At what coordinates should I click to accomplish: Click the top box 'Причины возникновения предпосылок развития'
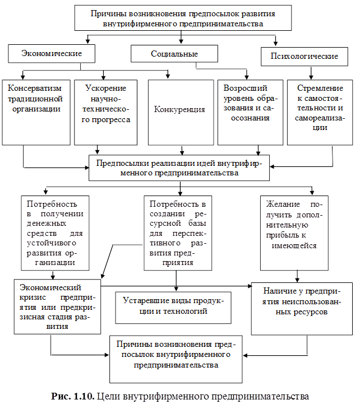pos(183,18)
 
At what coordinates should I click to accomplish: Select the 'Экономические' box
pos(51,54)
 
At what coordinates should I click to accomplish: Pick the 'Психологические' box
pos(304,57)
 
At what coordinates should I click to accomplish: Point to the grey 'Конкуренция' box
pos(181,112)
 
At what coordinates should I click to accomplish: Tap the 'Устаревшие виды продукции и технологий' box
pos(173,306)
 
